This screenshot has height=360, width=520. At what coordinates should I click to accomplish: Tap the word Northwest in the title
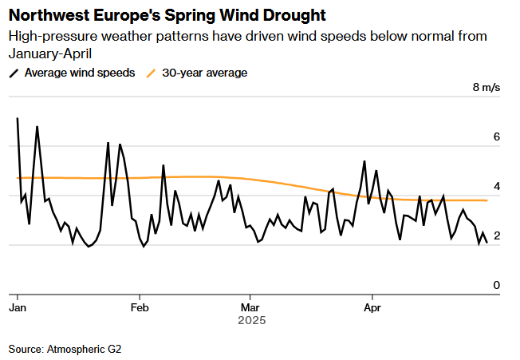click(x=47, y=16)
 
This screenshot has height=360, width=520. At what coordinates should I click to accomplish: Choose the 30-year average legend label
click(x=205, y=73)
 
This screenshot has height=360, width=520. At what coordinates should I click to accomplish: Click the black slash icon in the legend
click(x=14, y=73)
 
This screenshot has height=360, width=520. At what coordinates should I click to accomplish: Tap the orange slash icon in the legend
click(x=152, y=73)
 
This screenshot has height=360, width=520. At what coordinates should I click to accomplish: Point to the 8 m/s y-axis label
click(x=487, y=88)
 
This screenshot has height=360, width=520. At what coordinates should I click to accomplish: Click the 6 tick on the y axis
click(x=496, y=137)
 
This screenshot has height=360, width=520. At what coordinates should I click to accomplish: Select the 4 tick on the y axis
click(x=496, y=187)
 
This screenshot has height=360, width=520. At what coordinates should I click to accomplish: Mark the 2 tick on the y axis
click(x=496, y=236)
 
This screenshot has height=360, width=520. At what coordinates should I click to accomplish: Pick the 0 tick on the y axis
click(x=496, y=285)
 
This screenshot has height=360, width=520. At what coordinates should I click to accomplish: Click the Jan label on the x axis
click(x=17, y=307)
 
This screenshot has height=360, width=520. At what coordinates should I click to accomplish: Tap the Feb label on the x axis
click(x=140, y=307)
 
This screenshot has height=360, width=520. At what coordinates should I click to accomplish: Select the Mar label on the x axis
click(x=250, y=307)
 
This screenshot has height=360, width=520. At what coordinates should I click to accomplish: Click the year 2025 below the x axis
click(x=252, y=320)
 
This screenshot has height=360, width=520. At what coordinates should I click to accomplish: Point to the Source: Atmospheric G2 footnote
click(x=65, y=349)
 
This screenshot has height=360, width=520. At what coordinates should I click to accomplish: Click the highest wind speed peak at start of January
click(x=18, y=118)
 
